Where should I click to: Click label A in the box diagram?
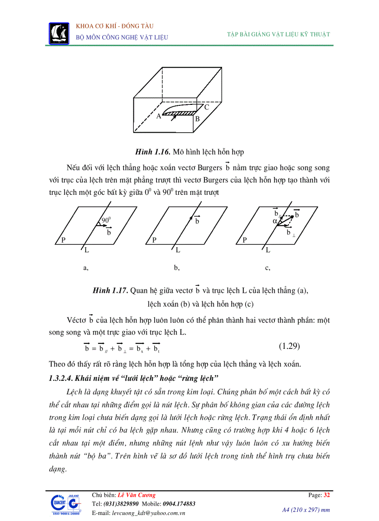159,116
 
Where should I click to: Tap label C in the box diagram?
206,107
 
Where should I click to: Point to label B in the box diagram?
197,119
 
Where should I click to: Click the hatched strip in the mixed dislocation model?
179,113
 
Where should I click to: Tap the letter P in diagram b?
155,240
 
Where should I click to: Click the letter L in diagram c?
268,251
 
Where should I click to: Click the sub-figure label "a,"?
85,268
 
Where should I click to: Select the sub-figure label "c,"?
268,268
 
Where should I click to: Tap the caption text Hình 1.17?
110,291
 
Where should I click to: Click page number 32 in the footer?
327,495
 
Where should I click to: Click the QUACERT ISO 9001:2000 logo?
65,505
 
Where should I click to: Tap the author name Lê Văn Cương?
137,495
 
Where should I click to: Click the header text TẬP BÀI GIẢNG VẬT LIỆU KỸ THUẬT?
278,34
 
